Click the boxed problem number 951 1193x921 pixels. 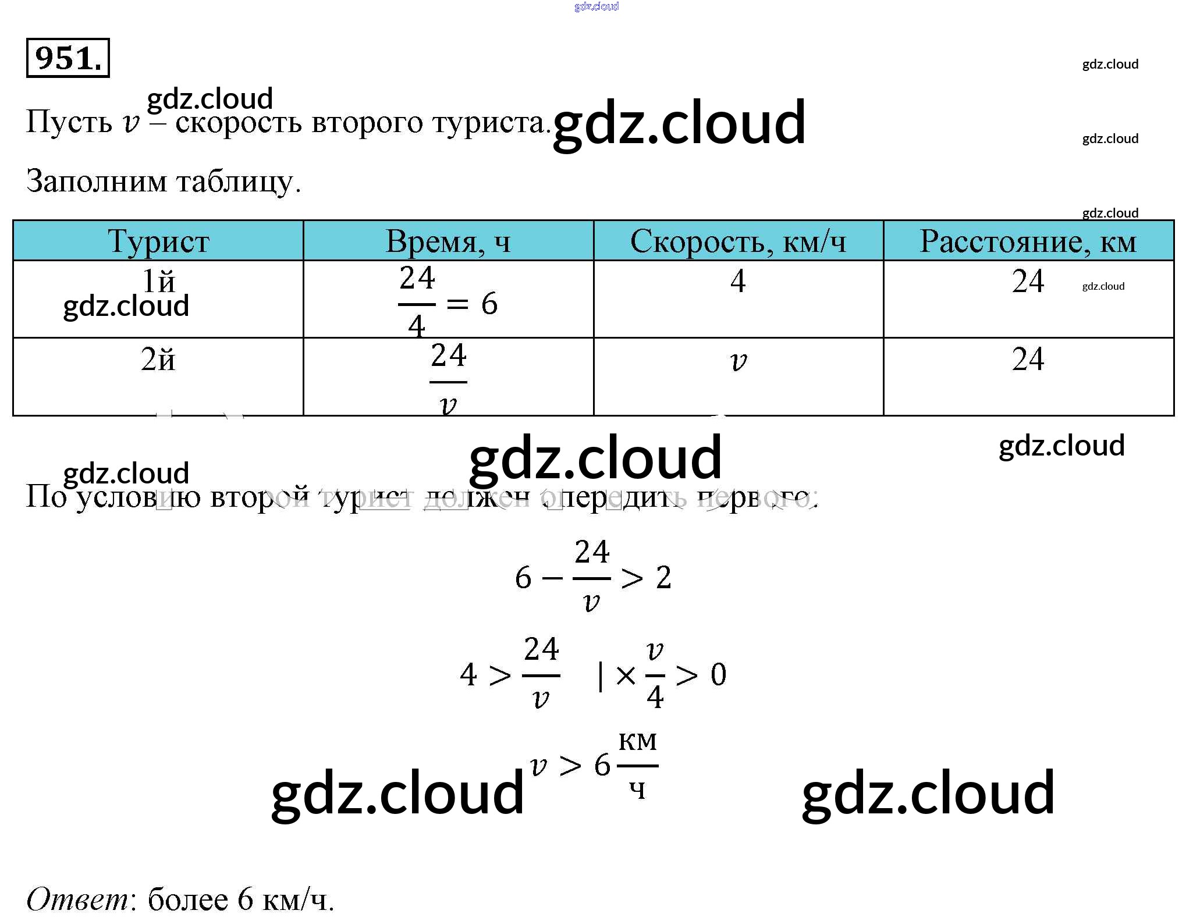[x=68, y=58]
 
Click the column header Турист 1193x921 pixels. [x=158, y=241]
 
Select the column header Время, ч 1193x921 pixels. [x=448, y=241]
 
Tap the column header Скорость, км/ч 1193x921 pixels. [x=738, y=241]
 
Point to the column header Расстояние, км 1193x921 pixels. [x=1028, y=241]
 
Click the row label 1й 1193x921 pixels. [x=158, y=282]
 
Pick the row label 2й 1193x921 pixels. [x=158, y=360]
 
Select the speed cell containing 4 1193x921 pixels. [x=738, y=281]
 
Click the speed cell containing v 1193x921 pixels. [x=738, y=361]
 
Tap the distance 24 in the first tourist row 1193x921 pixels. [x=1028, y=282]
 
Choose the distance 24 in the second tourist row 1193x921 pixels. [x=1028, y=359]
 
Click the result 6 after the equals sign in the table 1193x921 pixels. [x=489, y=304]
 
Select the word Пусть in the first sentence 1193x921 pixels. [x=69, y=122]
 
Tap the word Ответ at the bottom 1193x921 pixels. [x=79, y=899]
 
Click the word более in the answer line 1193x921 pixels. [x=188, y=899]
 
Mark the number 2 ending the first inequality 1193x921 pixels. [x=663, y=578]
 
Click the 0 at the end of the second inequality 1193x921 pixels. [x=718, y=675]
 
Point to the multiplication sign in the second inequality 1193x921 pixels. [x=626, y=675]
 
